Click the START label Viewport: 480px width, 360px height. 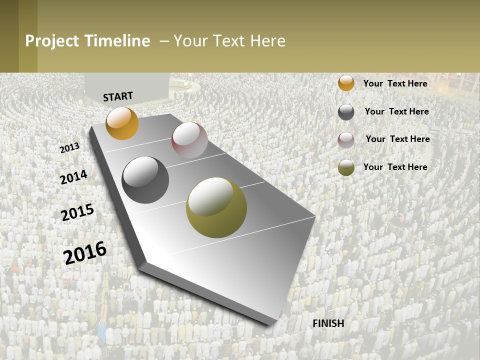tap(118, 96)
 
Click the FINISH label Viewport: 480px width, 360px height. tap(328, 323)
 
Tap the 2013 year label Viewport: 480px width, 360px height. tap(69, 148)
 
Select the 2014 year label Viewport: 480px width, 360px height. tap(73, 177)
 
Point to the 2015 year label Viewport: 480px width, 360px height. tap(77, 212)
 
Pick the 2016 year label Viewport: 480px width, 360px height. tap(85, 252)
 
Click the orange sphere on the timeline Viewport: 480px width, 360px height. tap(122, 123)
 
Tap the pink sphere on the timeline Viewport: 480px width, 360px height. tap(189, 140)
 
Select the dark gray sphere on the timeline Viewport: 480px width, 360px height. tap(145, 180)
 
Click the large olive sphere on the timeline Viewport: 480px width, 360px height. tap(216, 207)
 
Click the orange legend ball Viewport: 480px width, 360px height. tap(346, 83)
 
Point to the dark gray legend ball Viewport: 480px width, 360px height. tap(346, 112)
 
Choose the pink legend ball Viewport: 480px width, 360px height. tap(346, 140)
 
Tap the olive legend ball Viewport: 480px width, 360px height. tap(346, 167)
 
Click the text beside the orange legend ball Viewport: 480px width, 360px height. tap(395, 83)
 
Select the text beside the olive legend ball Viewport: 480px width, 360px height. tap(395, 167)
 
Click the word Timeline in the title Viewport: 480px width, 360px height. tap(117, 41)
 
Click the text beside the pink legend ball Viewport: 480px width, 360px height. tap(397, 139)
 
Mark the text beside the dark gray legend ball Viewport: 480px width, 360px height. tap(396, 111)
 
